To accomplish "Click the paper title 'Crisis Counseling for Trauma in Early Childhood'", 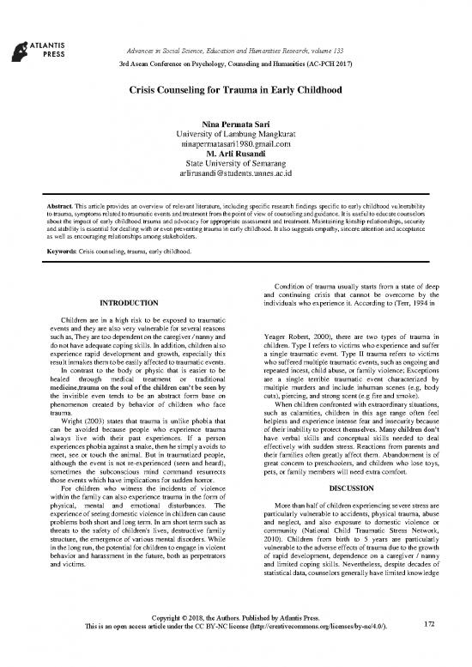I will pos(235,89).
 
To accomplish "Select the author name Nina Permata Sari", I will pos(235,127).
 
